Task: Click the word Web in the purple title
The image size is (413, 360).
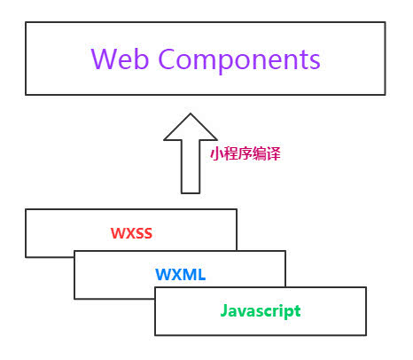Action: [x=120, y=59]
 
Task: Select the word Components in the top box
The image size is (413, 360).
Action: [x=239, y=61]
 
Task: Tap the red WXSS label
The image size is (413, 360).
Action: [x=131, y=233]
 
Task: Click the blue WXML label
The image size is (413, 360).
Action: [x=181, y=274]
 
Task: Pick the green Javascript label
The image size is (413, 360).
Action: [x=261, y=311]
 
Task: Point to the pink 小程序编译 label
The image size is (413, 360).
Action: [x=245, y=153]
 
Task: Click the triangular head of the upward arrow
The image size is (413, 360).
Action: [x=191, y=127]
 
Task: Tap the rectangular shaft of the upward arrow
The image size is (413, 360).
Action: [x=191, y=167]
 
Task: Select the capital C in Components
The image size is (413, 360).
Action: [x=168, y=59]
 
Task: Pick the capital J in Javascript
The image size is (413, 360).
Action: [x=224, y=310]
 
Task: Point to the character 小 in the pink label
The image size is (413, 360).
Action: [x=216, y=153]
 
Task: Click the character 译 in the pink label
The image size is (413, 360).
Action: [x=273, y=153]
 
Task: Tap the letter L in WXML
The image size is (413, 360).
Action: [x=201, y=274]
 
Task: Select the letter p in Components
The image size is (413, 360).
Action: [x=228, y=64]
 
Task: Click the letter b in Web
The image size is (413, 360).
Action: [x=141, y=59]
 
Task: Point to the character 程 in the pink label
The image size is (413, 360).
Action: [x=230, y=153]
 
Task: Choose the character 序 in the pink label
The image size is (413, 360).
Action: [x=245, y=153]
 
